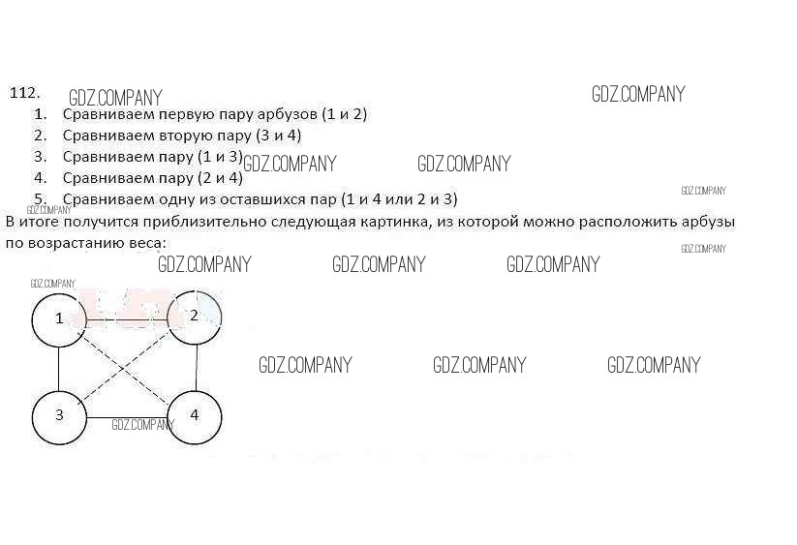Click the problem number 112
point(24,93)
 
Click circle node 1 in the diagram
point(59,318)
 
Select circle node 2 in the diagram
point(195,317)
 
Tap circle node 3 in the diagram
point(59,415)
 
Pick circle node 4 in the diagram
point(195,415)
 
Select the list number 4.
point(40,177)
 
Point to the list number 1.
point(40,113)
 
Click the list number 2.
point(40,135)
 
